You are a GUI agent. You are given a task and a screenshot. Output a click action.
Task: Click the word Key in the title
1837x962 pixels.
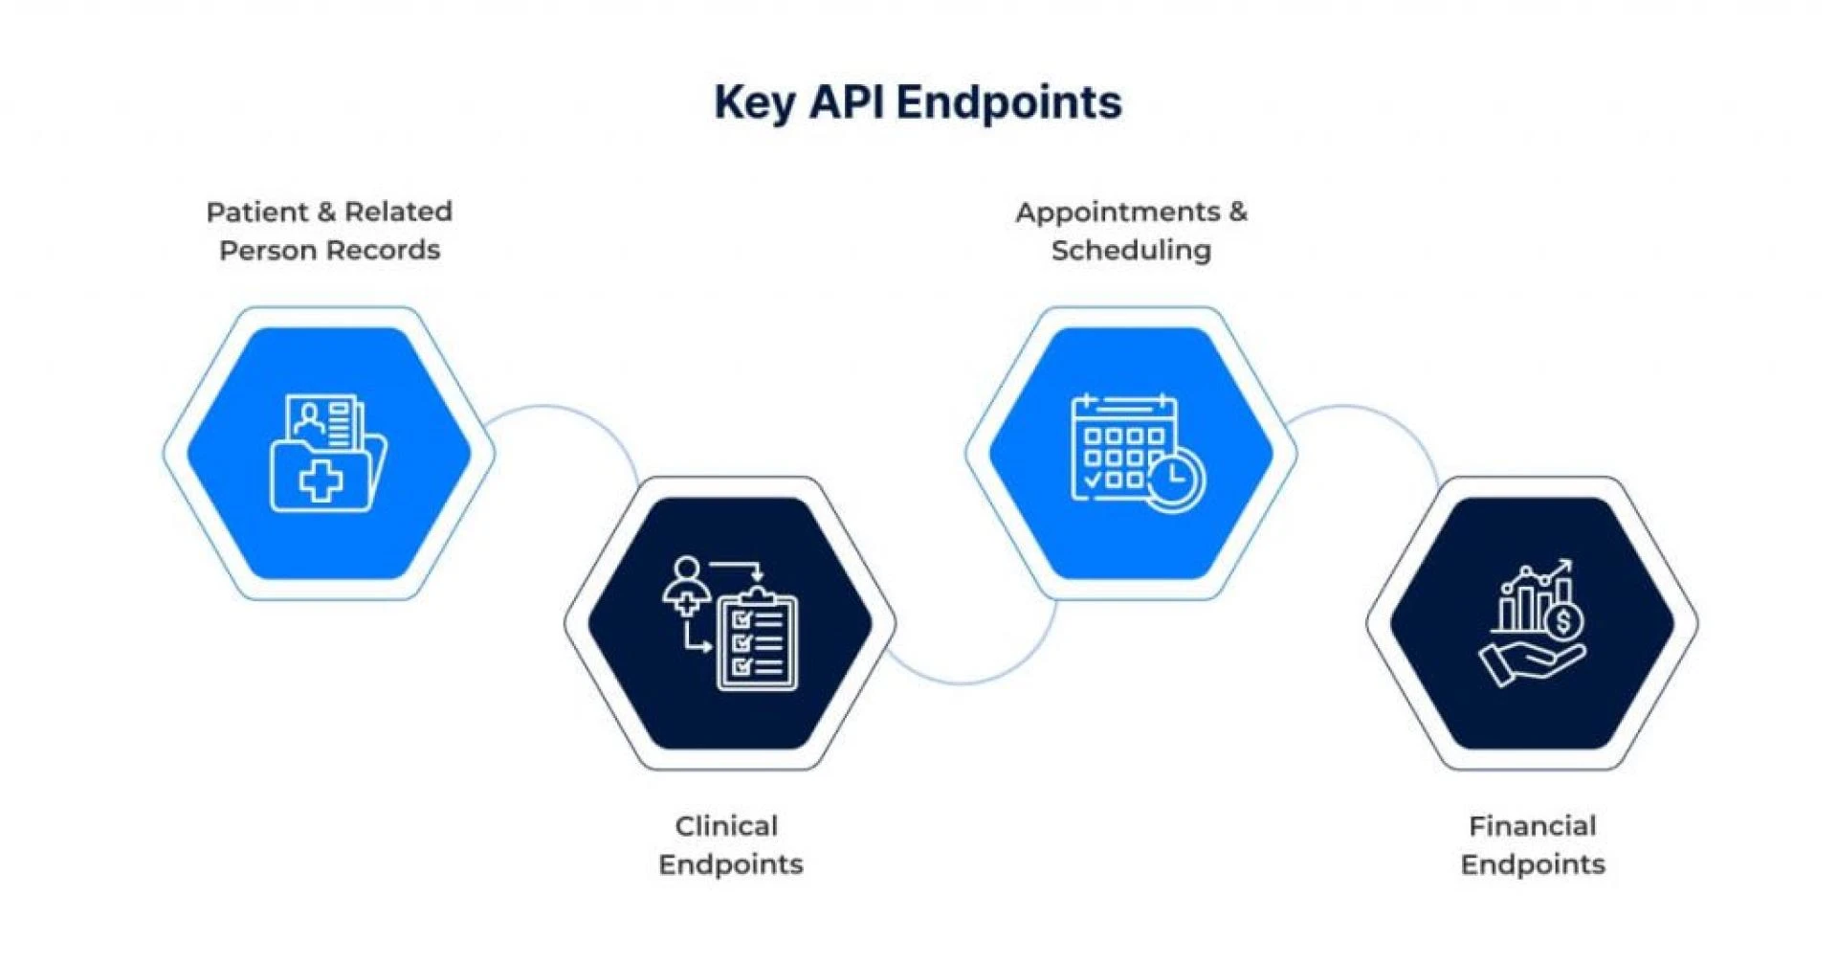point(754,102)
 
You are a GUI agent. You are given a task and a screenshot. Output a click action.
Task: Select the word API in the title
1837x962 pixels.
point(845,101)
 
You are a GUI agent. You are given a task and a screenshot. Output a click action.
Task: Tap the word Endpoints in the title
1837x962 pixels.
point(1009,101)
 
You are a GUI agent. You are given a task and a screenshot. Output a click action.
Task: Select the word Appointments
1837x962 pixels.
point(1118,213)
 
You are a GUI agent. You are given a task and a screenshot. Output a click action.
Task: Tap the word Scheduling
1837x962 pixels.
point(1131,251)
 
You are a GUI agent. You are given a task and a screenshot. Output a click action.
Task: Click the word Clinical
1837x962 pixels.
point(726,826)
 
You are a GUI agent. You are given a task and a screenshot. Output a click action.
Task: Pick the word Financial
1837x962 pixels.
point(1532,826)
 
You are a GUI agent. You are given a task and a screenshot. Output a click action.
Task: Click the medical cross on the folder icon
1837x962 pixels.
point(321,481)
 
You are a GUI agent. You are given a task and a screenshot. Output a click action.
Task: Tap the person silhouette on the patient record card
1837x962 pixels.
point(309,418)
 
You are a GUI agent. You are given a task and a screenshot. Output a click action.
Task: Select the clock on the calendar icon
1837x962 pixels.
point(1175,479)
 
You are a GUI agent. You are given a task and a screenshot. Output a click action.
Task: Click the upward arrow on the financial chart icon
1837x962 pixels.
point(1563,567)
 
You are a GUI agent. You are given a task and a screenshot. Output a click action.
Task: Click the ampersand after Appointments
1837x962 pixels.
point(1238,213)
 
